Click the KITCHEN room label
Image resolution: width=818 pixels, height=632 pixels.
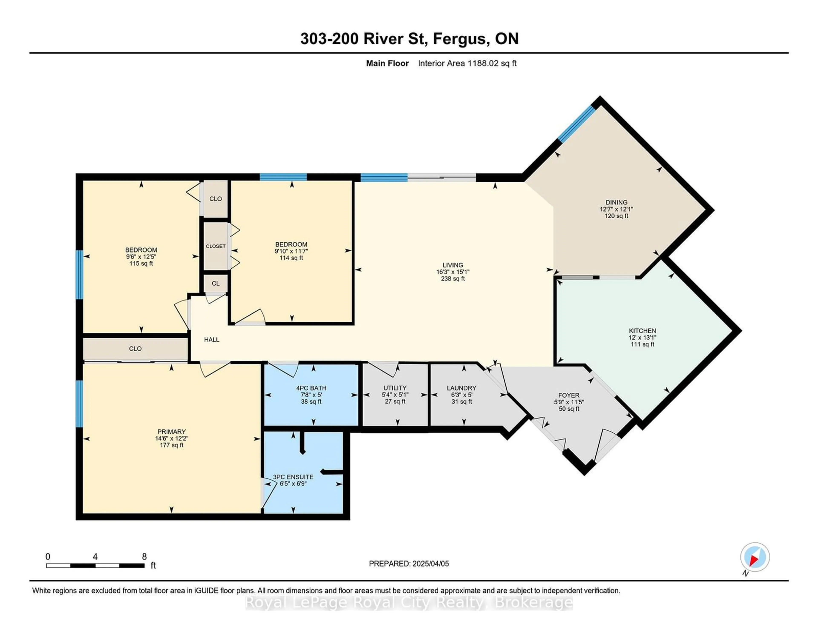pyautogui.click(x=642, y=331)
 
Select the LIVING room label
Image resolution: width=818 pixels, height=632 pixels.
pyautogui.click(x=453, y=265)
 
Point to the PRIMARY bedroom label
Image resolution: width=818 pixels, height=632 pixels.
pyautogui.click(x=171, y=431)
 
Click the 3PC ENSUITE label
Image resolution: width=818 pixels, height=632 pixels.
pyautogui.click(x=293, y=477)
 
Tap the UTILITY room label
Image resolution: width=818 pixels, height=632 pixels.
pyautogui.click(x=395, y=388)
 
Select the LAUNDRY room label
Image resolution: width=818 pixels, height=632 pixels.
pyautogui.click(x=461, y=388)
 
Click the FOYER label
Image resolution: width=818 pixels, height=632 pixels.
pyautogui.click(x=569, y=395)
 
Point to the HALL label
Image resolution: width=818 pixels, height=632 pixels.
pyautogui.click(x=212, y=340)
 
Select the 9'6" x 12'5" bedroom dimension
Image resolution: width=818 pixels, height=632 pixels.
pyautogui.click(x=141, y=257)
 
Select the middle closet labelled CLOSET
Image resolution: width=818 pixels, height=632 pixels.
pyautogui.click(x=216, y=246)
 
